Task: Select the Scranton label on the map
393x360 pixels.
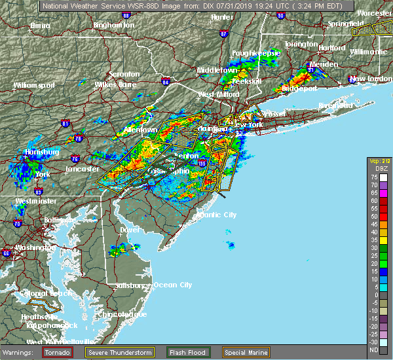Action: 125,74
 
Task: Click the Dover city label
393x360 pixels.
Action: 131,230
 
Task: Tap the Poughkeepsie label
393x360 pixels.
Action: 256,52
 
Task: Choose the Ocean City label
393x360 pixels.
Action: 173,285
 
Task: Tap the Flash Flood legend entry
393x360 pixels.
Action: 189,351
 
